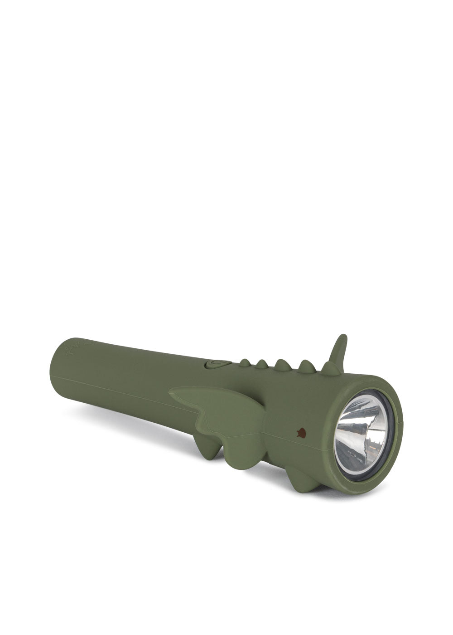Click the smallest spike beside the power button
pos(244,362)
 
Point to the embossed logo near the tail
pos(72,349)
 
